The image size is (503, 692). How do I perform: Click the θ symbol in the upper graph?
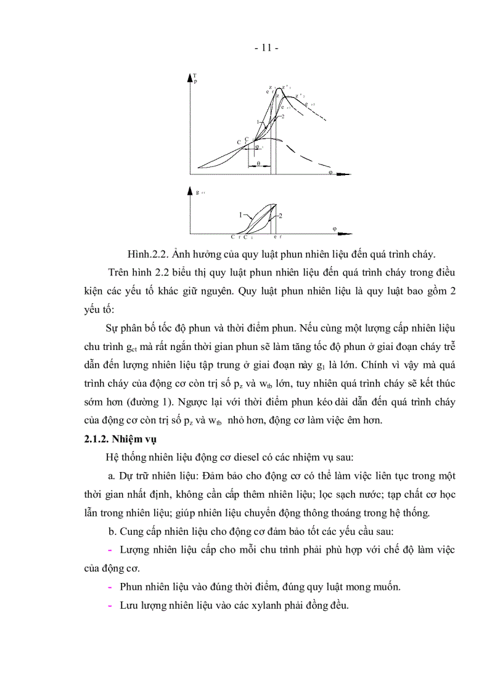point(259,164)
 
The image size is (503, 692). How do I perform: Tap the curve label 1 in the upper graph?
point(258,121)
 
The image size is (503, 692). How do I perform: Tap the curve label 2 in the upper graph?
point(282,116)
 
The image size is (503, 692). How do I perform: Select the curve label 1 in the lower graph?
point(241,215)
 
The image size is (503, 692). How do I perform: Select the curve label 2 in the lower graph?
point(280,216)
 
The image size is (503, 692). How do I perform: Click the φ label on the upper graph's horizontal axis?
point(330,173)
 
